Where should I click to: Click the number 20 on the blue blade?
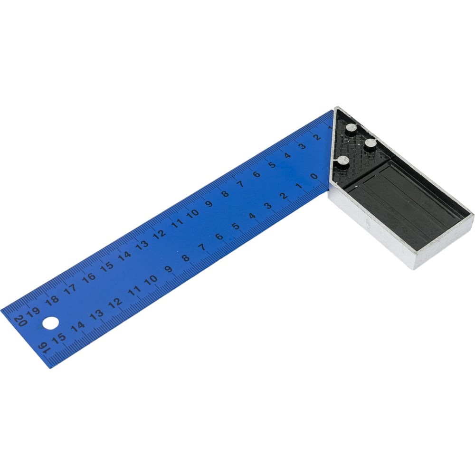point(20,321)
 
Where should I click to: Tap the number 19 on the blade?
point(33,312)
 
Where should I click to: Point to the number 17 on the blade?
point(70,289)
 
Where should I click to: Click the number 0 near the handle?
point(314,176)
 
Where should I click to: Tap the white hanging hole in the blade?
point(51,323)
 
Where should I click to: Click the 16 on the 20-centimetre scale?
point(89,277)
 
